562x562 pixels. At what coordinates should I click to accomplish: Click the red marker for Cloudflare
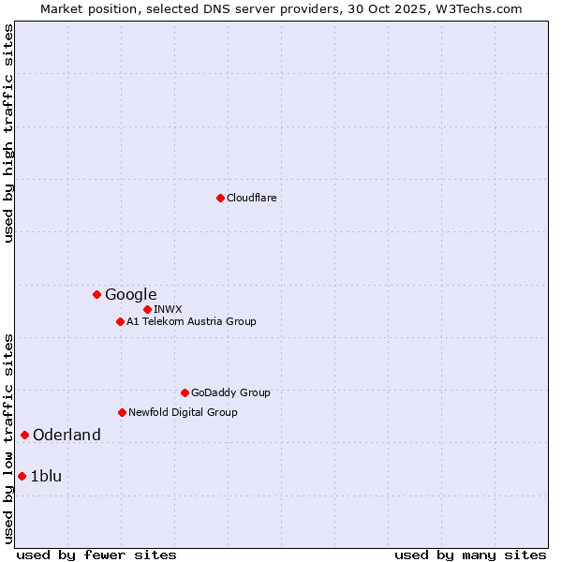click(220, 198)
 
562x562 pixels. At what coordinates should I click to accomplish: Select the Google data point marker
click(96, 294)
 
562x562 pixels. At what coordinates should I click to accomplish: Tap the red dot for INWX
click(147, 309)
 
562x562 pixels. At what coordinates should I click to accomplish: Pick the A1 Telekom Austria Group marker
click(120, 321)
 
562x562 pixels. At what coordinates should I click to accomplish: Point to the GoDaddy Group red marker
click(185, 392)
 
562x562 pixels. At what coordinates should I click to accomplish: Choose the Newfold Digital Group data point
click(122, 412)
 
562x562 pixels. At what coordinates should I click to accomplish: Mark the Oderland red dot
click(24, 435)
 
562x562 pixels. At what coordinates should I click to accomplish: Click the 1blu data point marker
click(22, 476)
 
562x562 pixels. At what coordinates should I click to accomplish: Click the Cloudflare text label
click(251, 198)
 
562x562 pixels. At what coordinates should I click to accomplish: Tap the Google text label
click(130, 294)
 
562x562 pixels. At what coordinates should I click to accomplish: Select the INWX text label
click(168, 309)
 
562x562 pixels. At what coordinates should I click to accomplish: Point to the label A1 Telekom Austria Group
click(191, 321)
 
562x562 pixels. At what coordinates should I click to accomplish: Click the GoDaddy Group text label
click(230, 392)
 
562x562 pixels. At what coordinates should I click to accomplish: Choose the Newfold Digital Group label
click(183, 412)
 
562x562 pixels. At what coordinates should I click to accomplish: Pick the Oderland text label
click(67, 435)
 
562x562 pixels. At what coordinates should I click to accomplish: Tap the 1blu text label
click(46, 476)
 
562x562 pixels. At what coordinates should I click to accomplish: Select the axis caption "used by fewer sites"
click(96, 555)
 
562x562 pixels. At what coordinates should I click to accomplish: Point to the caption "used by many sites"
click(470, 555)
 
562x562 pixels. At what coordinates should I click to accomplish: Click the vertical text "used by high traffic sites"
click(8, 133)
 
